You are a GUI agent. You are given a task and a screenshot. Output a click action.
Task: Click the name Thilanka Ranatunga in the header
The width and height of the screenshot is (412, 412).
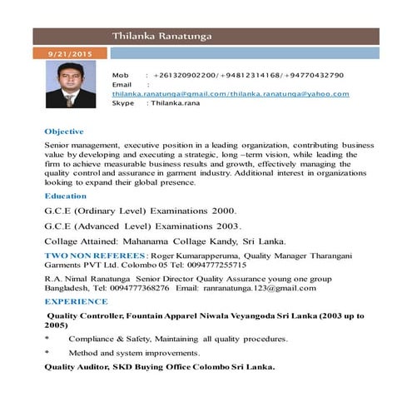click(x=164, y=36)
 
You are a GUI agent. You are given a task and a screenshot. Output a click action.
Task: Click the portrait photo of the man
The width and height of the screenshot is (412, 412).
click(x=68, y=85)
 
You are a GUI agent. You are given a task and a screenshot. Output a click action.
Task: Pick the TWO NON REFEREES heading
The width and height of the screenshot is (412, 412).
click(x=95, y=255)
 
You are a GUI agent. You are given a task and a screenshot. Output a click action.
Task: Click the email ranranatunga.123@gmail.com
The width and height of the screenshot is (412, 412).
click(x=259, y=287)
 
